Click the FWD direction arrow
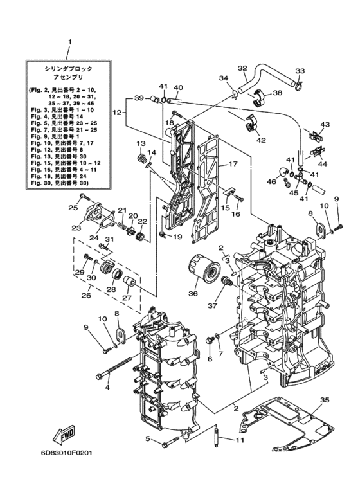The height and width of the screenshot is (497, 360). tap(64, 433)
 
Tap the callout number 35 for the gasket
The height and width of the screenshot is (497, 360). tap(325, 400)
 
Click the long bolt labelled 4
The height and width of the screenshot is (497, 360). tap(114, 368)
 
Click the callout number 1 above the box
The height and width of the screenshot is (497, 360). tap(70, 42)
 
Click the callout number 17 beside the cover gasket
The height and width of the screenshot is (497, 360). tap(233, 164)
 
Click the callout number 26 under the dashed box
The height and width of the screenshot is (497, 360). tap(86, 295)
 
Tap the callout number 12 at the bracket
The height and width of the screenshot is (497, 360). tap(117, 113)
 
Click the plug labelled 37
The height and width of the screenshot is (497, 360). tap(228, 281)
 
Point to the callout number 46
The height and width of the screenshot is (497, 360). tap(271, 181)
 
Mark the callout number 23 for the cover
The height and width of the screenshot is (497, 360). tap(76, 228)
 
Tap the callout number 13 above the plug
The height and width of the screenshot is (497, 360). tap(140, 143)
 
